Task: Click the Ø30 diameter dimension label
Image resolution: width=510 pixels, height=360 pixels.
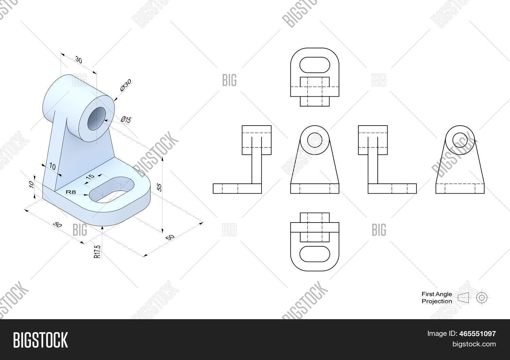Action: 125,85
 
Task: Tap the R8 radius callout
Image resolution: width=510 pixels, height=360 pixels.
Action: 71,192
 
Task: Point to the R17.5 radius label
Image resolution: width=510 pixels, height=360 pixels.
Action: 98,251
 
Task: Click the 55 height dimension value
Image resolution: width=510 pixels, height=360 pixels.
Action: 158,187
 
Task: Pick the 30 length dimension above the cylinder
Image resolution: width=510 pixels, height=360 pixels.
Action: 79,60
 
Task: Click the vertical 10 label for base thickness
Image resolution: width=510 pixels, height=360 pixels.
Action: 31,184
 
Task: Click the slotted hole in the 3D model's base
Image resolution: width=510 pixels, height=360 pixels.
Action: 112,190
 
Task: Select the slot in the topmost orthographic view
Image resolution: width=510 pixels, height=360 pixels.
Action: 314,64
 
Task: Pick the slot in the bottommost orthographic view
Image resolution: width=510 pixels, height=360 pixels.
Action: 314,254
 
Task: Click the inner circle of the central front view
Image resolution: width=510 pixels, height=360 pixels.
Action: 314,140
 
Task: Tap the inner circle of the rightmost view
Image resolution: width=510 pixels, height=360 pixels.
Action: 460,140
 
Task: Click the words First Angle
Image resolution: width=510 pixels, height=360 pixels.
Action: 437,294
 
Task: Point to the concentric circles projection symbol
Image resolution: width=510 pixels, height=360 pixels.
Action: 481,297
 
